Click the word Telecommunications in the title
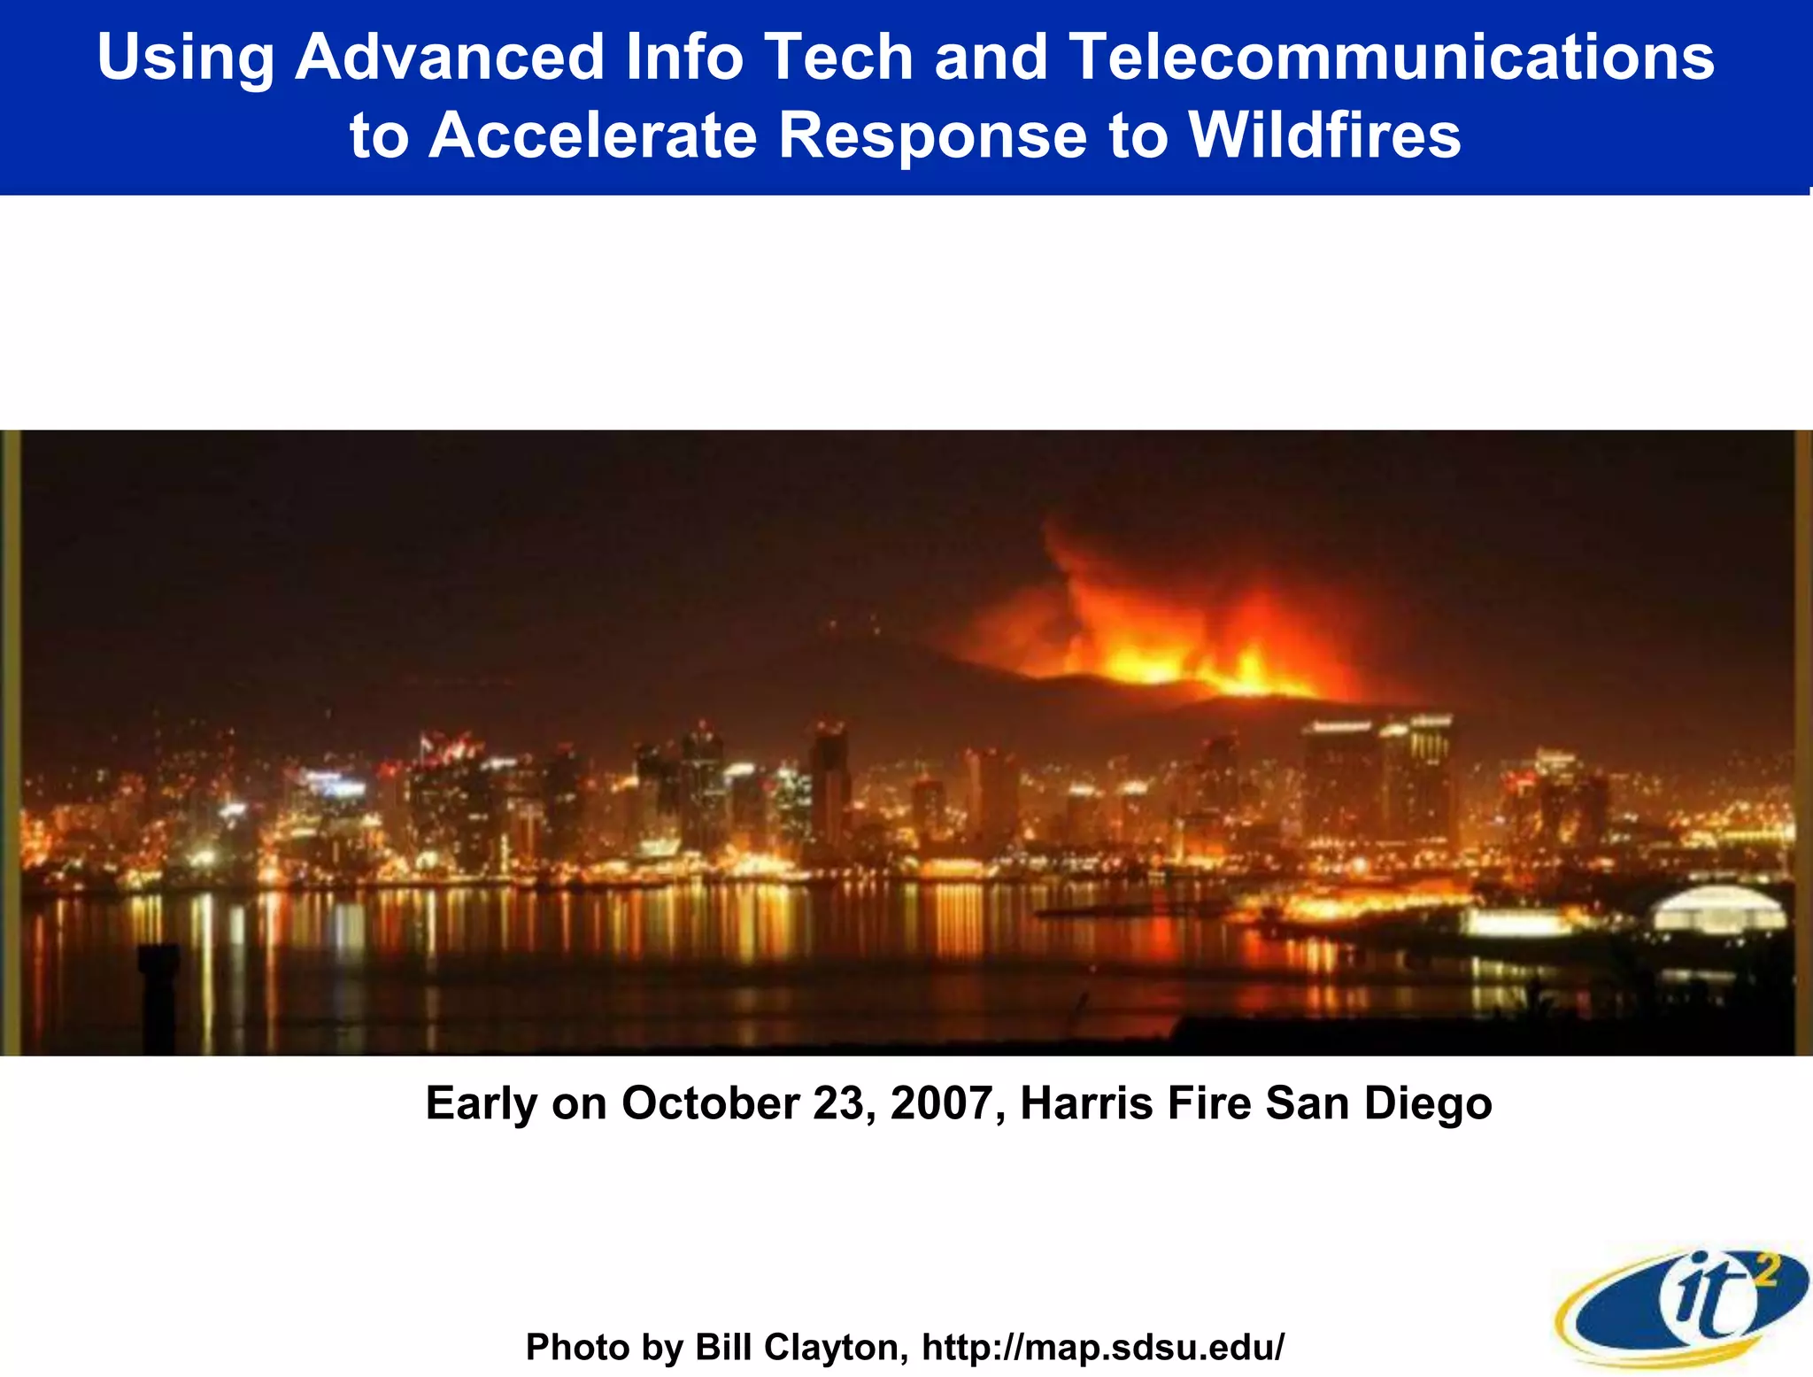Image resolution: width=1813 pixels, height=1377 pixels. pos(1392,57)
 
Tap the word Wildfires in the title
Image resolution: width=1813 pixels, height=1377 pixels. pos(1323,135)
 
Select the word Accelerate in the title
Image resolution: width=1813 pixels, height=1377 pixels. pos(593,135)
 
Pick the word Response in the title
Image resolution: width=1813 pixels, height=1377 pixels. pos(932,136)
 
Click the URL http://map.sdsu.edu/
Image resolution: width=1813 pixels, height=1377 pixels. pos(1103,1347)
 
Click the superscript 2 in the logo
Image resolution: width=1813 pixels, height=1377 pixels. pos(1764,1273)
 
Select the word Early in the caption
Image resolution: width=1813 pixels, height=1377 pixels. pos(482,1104)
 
